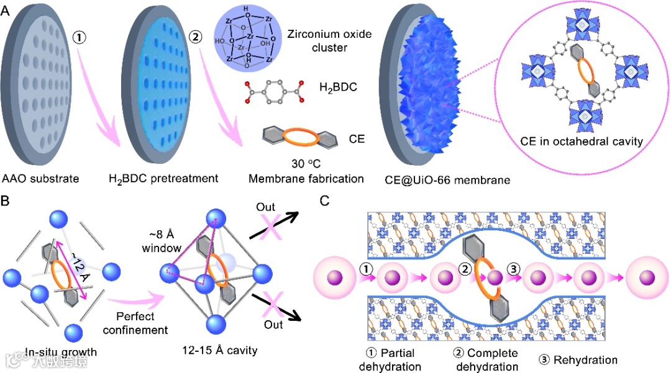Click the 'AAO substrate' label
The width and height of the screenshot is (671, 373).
coord(40,179)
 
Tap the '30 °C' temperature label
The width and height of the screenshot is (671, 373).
coord(304,165)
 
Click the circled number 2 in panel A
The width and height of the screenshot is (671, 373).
coord(195,37)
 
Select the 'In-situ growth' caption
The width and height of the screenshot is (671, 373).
coord(61,353)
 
